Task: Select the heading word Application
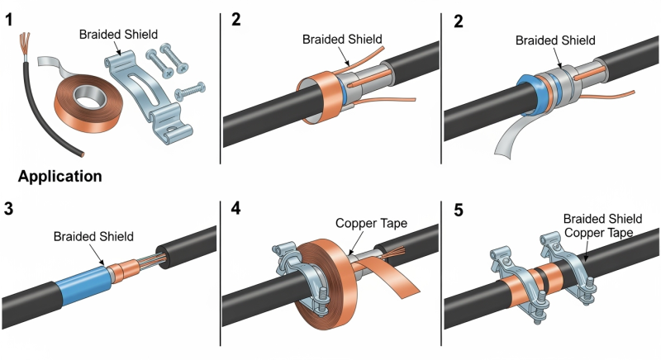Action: [59, 176]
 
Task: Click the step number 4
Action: [235, 208]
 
